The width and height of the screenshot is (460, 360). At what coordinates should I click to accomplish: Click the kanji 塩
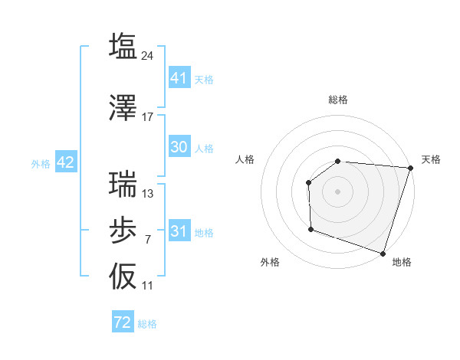123,46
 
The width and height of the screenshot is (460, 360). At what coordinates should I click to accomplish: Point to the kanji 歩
123,230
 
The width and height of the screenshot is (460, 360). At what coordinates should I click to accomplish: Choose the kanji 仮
123,276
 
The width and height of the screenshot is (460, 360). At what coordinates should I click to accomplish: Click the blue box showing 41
179,78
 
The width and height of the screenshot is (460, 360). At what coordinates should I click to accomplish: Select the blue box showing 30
179,147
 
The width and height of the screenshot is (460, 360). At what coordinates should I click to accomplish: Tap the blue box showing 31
179,231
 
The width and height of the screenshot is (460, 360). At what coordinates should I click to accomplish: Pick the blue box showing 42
64,162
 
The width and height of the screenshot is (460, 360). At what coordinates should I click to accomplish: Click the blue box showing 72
123,322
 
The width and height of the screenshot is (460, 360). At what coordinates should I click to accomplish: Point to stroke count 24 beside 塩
148,56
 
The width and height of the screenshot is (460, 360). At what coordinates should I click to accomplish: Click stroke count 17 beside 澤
148,117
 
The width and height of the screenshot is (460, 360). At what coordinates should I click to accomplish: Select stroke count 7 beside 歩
148,240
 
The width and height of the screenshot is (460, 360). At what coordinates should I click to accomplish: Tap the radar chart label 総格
338,100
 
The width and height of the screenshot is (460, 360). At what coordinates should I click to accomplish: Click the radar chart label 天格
431,159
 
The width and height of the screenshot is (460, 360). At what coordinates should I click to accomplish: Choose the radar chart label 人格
245,159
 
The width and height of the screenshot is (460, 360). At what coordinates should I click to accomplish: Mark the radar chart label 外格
270,262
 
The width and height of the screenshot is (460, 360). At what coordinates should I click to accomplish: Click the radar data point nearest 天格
410,169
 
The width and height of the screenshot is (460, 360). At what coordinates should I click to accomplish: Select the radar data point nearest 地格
383,253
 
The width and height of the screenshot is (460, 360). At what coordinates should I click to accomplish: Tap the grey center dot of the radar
337,191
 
